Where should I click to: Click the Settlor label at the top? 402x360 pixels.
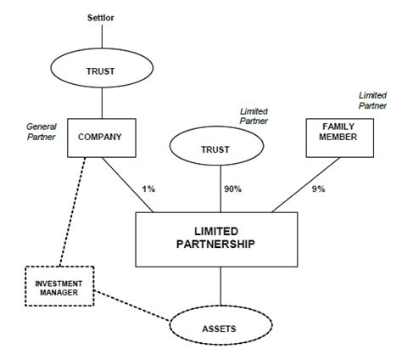click(102, 18)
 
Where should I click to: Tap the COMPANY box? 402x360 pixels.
click(101, 135)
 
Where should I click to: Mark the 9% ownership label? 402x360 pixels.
click(318, 189)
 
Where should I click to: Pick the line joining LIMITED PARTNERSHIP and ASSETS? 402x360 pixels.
click(220, 284)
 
